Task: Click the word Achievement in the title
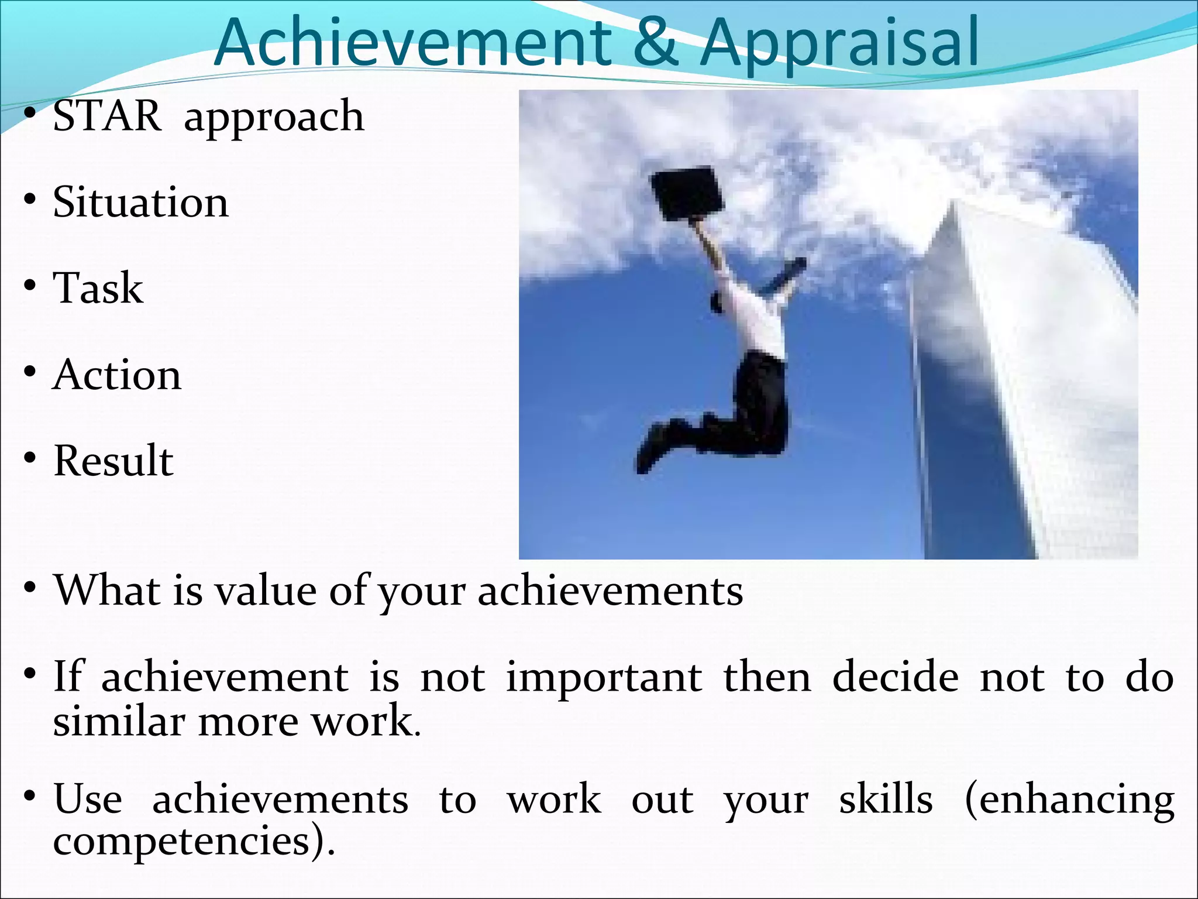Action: pyautogui.click(x=412, y=42)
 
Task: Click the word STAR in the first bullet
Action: pyautogui.click(x=107, y=115)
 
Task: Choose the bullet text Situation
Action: pyautogui.click(x=140, y=202)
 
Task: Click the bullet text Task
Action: pyautogui.click(x=98, y=288)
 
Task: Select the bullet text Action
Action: pyautogui.click(x=117, y=375)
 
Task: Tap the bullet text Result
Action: pyautogui.click(x=113, y=461)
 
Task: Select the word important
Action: pyautogui.click(x=604, y=677)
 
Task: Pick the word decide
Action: pyautogui.click(x=895, y=677)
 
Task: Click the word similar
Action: pyautogui.click(x=119, y=720)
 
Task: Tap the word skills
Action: pyautogui.click(x=886, y=800)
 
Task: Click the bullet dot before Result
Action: pyautogui.click(x=30, y=458)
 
